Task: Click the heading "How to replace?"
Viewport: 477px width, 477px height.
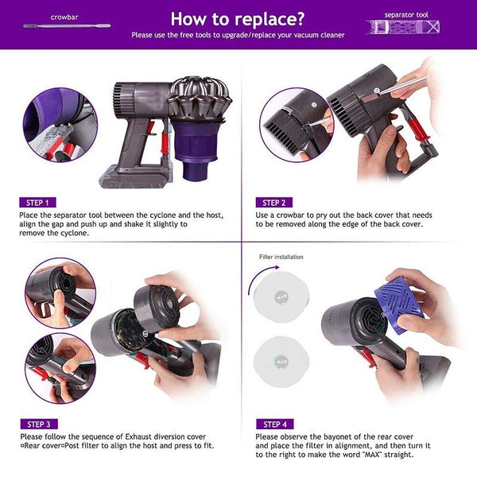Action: point(238,18)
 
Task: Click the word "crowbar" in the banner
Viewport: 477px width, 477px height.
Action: point(64,16)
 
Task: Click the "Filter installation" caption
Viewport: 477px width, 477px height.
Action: point(281,257)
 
